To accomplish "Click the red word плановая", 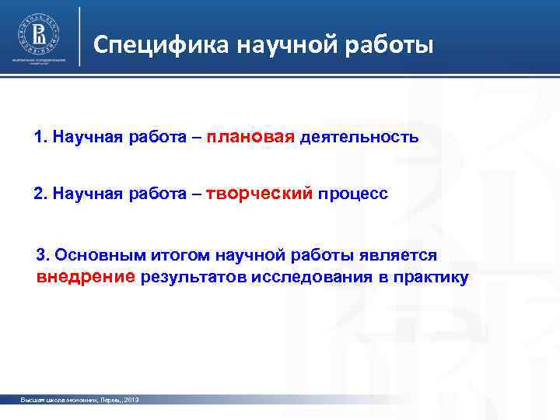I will point(250,138).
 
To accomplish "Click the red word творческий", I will point(260,192).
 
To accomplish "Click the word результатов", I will point(193,278).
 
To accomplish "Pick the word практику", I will point(431,278).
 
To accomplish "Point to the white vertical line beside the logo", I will point(80,37).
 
